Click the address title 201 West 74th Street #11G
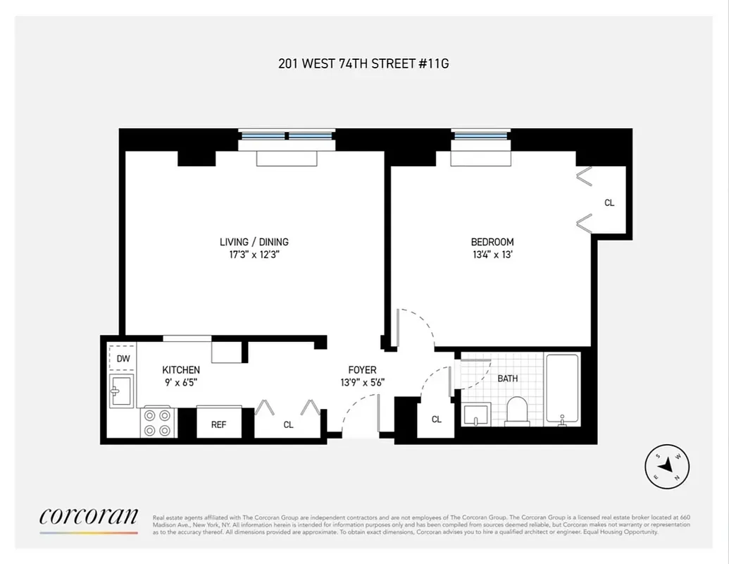[x=363, y=63]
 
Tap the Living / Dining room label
[x=254, y=242]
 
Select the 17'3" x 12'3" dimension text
[x=254, y=255]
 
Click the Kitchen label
[x=181, y=369]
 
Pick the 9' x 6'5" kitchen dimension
[x=181, y=383]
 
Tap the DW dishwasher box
[x=123, y=359]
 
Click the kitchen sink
[x=122, y=390]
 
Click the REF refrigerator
[x=218, y=424]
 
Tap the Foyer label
[x=362, y=369]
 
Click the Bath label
[x=507, y=379]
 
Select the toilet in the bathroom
[x=517, y=410]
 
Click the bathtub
[x=562, y=389]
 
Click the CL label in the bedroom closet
[x=609, y=203]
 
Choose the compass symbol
[x=667, y=466]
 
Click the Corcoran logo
[x=89, y=517]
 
